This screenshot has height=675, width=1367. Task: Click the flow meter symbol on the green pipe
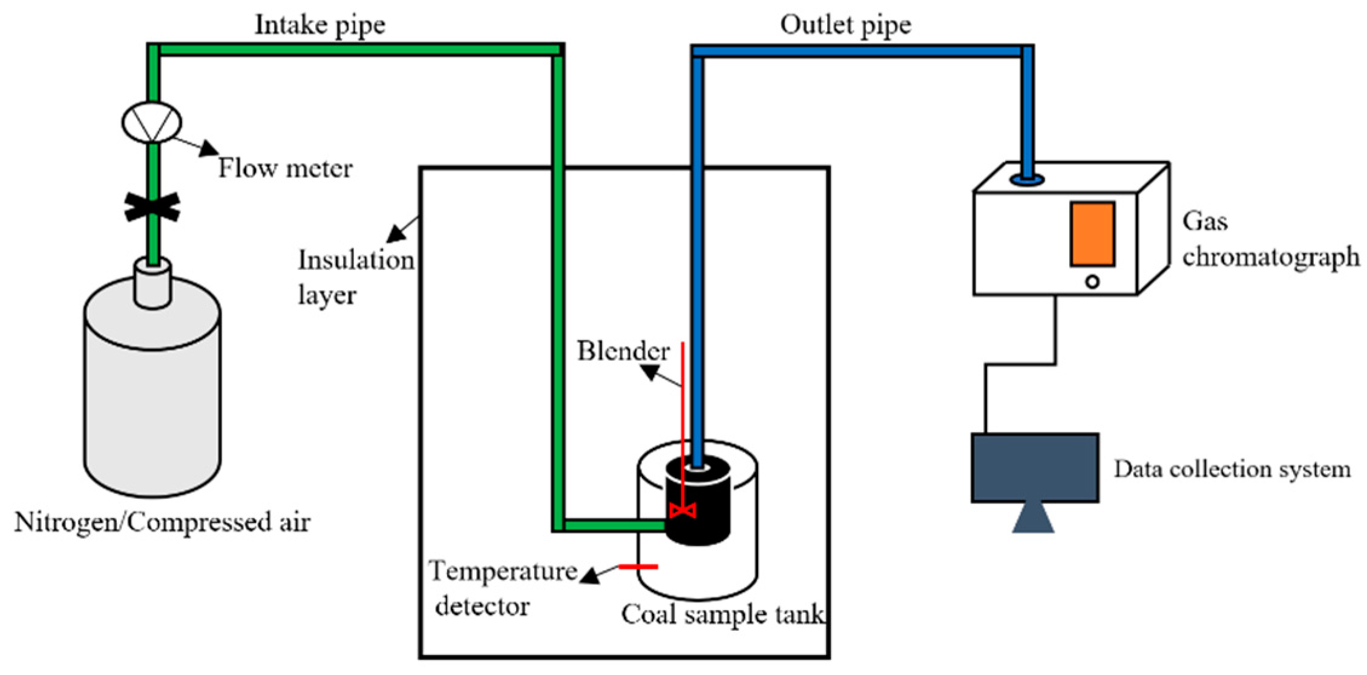152,122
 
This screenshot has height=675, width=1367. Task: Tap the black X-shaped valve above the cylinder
152,206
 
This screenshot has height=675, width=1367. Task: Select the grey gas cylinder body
152,400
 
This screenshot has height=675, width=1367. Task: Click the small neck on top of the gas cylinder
152,283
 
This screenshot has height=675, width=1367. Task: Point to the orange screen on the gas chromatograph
1092,234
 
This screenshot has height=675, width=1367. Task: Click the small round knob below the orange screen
1092,282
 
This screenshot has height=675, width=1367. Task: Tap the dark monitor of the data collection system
1035,468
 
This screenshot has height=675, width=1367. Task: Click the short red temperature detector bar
638,567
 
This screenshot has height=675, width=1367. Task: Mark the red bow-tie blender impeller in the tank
683,510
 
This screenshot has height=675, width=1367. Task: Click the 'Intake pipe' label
320,25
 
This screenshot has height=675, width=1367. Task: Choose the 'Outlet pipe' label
845,25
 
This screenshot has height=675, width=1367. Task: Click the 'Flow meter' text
285,168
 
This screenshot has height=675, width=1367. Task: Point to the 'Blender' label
623,351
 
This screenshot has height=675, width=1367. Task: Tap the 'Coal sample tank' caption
723,614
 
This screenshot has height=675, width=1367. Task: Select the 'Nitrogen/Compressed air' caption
162,522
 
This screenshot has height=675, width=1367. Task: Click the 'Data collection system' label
1233,469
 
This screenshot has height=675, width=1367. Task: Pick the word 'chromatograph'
1271,257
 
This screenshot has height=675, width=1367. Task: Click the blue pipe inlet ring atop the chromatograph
1027,179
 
